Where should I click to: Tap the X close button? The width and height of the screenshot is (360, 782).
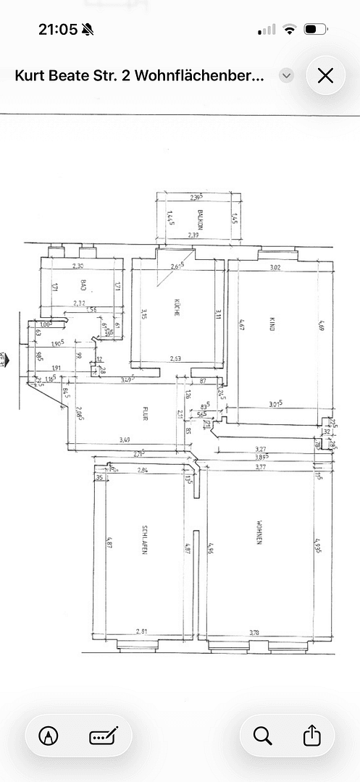tap(325, 75)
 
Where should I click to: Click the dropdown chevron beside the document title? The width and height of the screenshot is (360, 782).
tap(287, 75)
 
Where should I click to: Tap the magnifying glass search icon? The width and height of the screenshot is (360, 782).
tap(262, 736)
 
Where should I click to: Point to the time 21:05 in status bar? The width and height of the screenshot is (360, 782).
tap(57, 29)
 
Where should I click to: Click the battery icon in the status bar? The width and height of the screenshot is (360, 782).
tap(316, 30)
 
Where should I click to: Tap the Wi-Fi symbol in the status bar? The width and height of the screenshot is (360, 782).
tap(290, 30)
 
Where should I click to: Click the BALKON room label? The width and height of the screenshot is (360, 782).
tap(198, 218)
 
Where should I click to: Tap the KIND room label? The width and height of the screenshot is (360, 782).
tap(272, 326)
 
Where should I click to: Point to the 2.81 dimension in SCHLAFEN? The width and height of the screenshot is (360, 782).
tap(143, 632)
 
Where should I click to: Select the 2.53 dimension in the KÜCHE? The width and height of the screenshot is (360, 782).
tap(176, 358)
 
